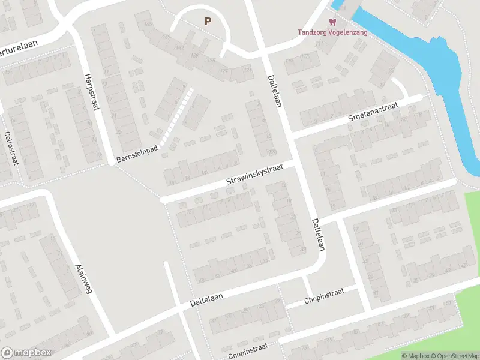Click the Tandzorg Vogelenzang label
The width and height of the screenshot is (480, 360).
(333, 32)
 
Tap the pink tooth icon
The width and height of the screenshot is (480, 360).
(333, 22)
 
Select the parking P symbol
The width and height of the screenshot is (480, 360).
(208, 22)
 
